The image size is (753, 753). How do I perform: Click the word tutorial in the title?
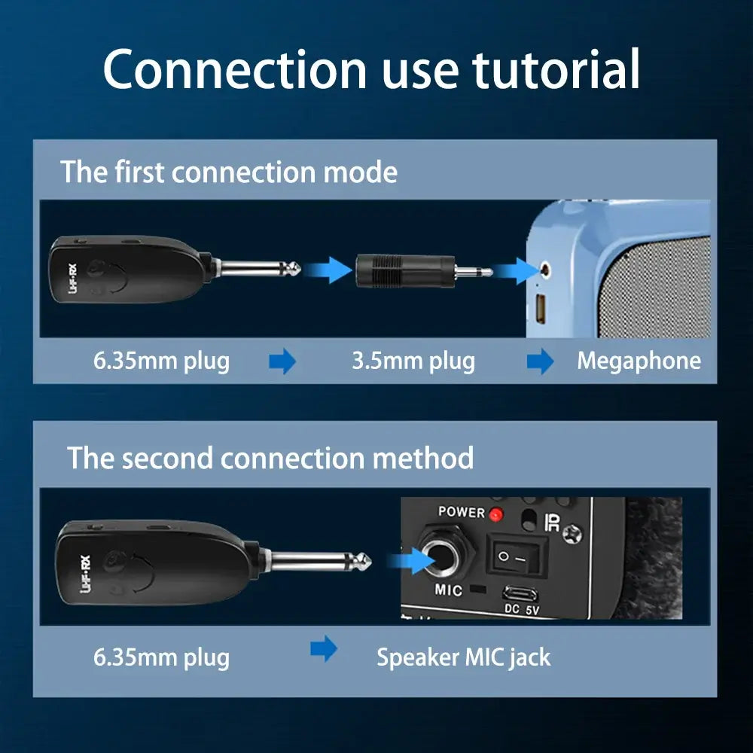556,69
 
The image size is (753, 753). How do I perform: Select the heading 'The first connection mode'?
229,172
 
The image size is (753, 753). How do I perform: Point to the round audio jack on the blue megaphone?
544,268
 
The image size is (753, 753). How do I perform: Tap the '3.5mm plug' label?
413,361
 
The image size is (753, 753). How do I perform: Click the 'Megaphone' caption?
639,361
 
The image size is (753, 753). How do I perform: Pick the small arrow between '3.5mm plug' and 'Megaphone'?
540,362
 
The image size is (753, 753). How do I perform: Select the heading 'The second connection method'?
271,458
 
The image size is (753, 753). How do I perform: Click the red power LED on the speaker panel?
495,515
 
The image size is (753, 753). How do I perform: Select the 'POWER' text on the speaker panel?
462,512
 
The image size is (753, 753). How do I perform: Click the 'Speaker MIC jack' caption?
463,657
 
